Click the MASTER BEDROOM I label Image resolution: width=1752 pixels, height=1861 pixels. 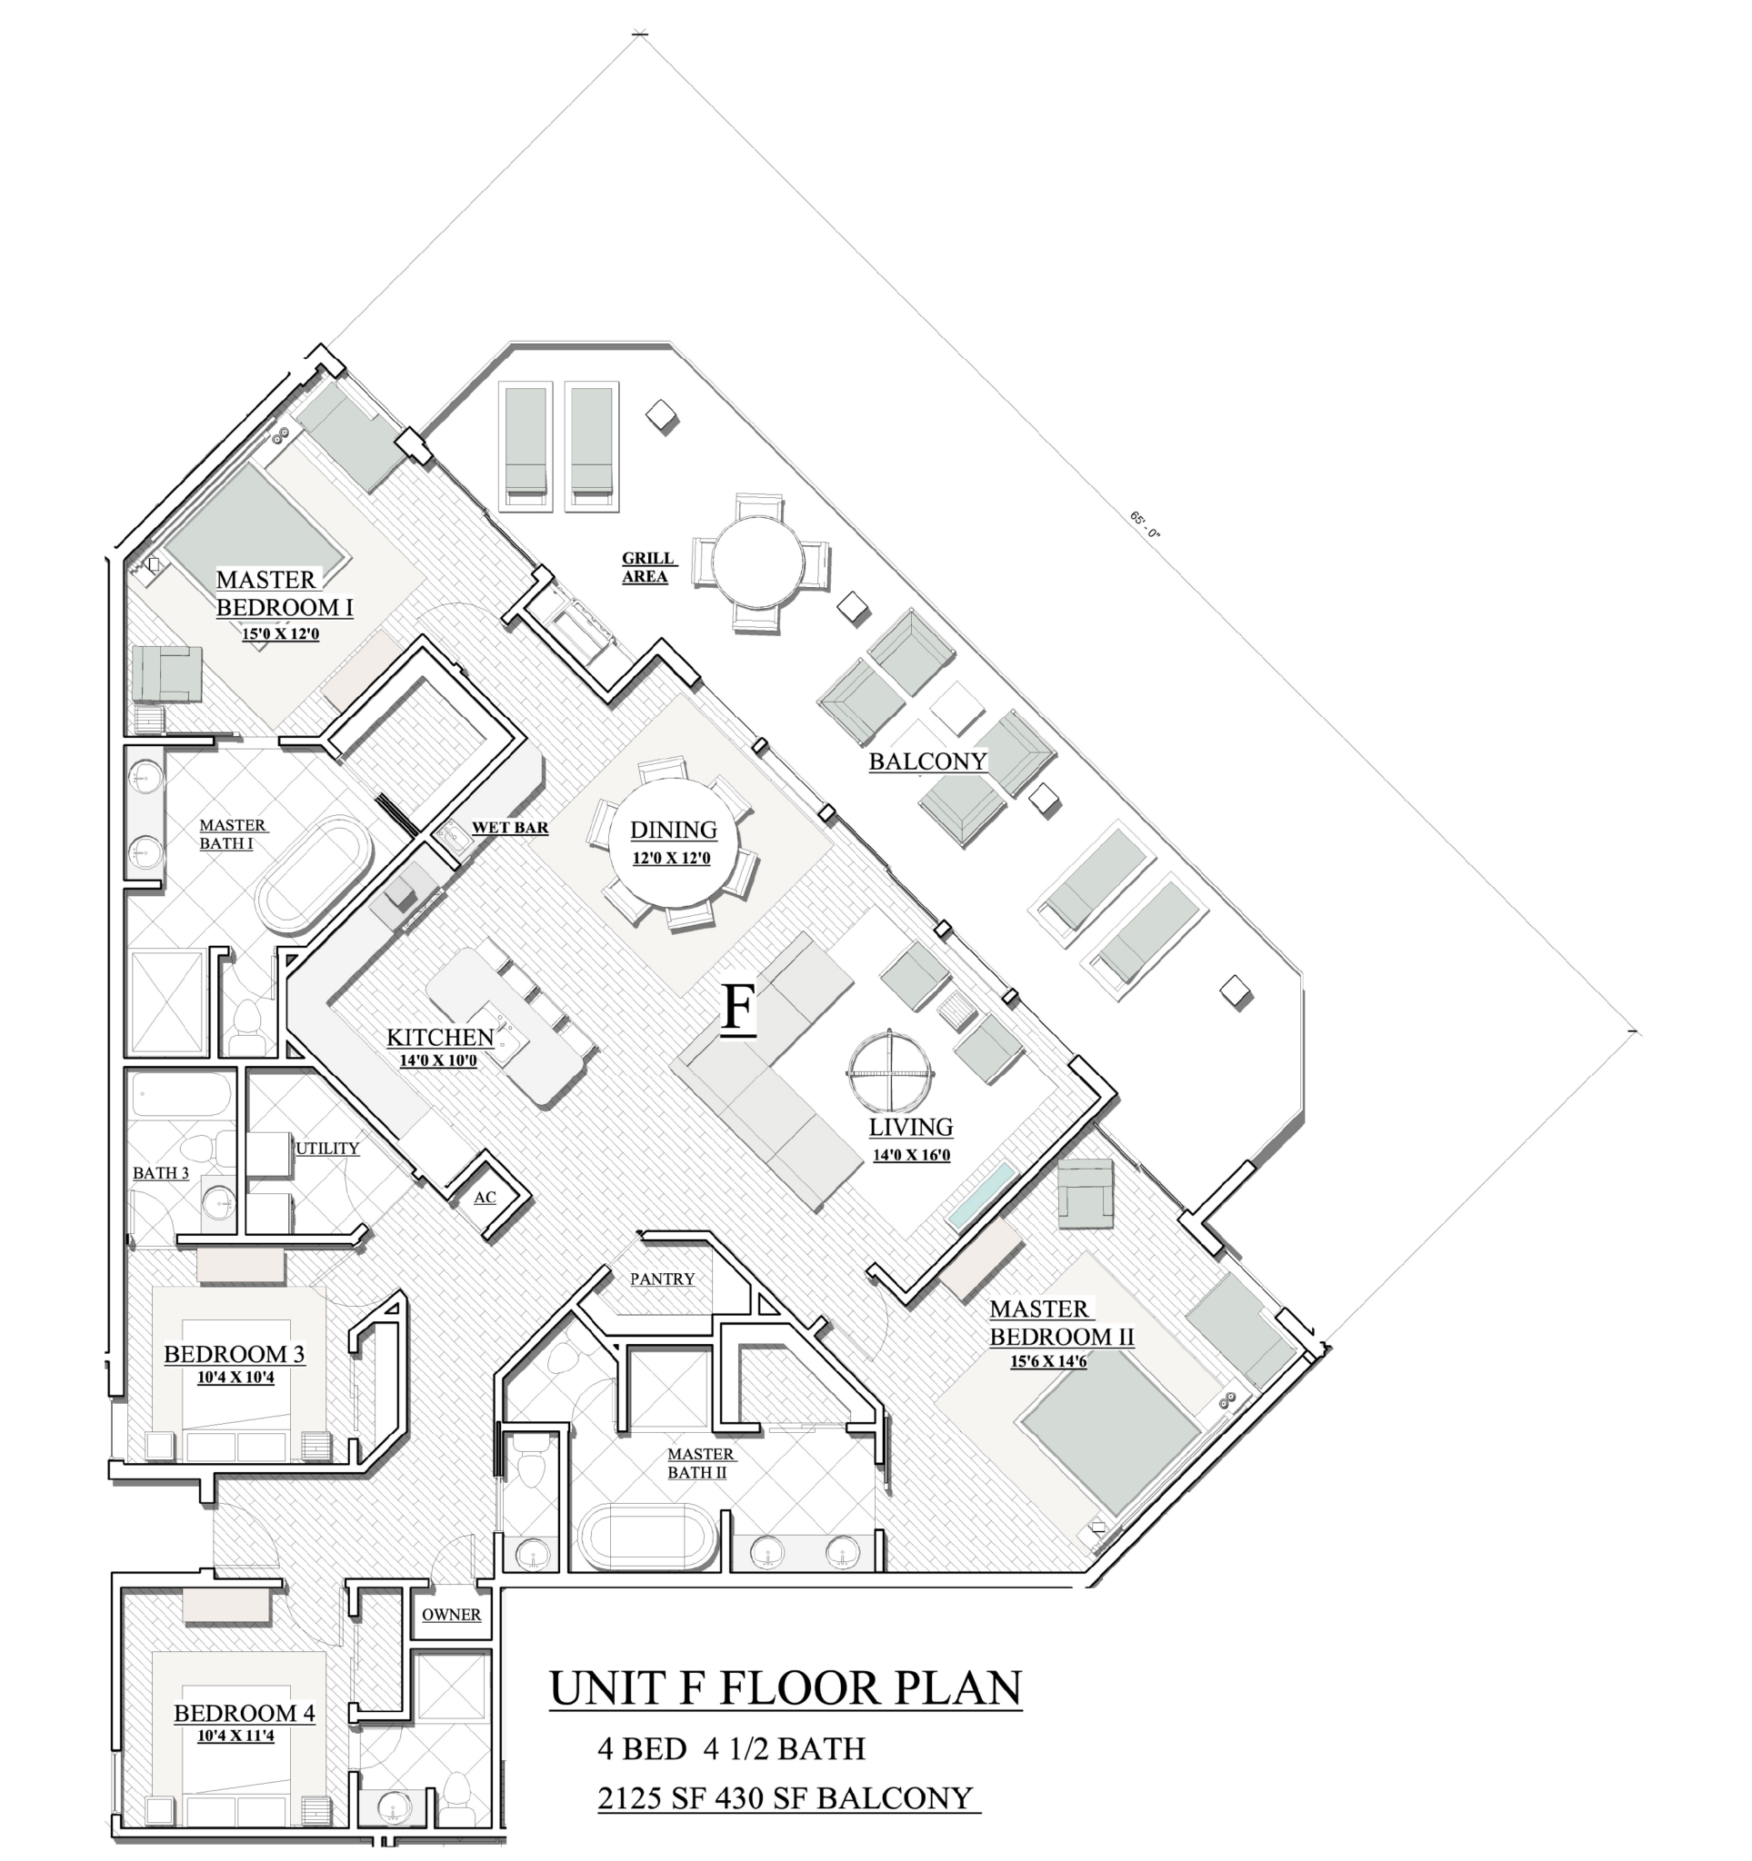click(284, 593)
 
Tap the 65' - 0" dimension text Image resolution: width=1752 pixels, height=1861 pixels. click(1145, 524)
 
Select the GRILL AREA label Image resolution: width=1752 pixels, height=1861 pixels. click(647, 567)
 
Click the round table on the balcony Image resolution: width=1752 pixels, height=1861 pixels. click(757, 563)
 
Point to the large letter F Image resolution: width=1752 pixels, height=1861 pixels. click(738, 1010)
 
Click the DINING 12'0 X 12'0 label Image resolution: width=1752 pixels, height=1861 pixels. click(672, 841)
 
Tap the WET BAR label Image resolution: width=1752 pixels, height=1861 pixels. click(509, 828)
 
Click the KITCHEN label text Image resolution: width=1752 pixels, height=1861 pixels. click(439, 1037)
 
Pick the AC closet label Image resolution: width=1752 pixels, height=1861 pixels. click(484, 1198)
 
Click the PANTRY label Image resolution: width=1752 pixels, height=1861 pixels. click(662, 1279)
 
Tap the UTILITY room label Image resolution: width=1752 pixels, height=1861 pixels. click(326, 1149)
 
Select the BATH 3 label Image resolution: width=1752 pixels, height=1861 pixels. click(160, 1173)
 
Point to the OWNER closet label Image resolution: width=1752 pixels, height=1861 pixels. click(451, 1615)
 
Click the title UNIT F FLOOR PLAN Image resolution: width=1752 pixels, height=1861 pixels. click(785, 1687)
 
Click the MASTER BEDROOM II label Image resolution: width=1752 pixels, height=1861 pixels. click(1061, 1323)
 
